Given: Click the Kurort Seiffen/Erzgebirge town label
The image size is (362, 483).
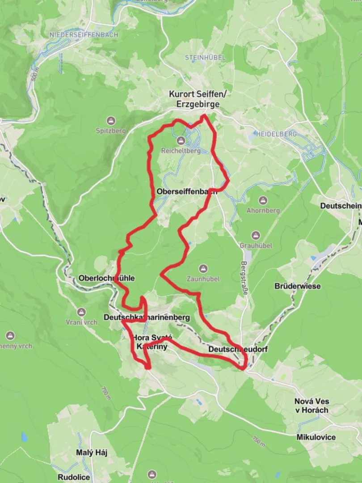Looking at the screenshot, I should tap(194, 99).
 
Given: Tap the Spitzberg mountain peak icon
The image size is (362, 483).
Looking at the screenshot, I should tap(111, 120).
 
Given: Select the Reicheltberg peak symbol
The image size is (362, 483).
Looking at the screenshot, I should tap(181, 140).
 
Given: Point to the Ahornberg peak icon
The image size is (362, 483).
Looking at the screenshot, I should tap(263, 199).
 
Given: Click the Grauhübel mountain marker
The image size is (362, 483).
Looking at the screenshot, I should tap(256, 235).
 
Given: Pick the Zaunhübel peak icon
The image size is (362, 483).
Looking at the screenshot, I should tap(203, 269).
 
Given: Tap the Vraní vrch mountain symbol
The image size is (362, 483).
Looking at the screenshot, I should tap(81, 312).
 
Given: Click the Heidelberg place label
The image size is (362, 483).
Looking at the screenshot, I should tap(276, 134).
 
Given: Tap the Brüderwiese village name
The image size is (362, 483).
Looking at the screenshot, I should tap(298, 286).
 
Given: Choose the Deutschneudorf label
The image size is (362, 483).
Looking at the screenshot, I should tap(238, 349).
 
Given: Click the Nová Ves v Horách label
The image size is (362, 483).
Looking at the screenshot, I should tap(311, 406).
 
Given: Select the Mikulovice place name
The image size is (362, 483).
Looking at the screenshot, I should tap(316, 437).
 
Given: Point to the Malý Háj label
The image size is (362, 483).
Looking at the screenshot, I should tap(91, 453).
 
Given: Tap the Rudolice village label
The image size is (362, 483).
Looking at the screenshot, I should tap(74, 477).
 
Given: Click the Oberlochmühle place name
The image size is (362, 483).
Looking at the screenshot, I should tap(106, 278).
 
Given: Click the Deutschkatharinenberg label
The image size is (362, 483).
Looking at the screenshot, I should tap(147, 318).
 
